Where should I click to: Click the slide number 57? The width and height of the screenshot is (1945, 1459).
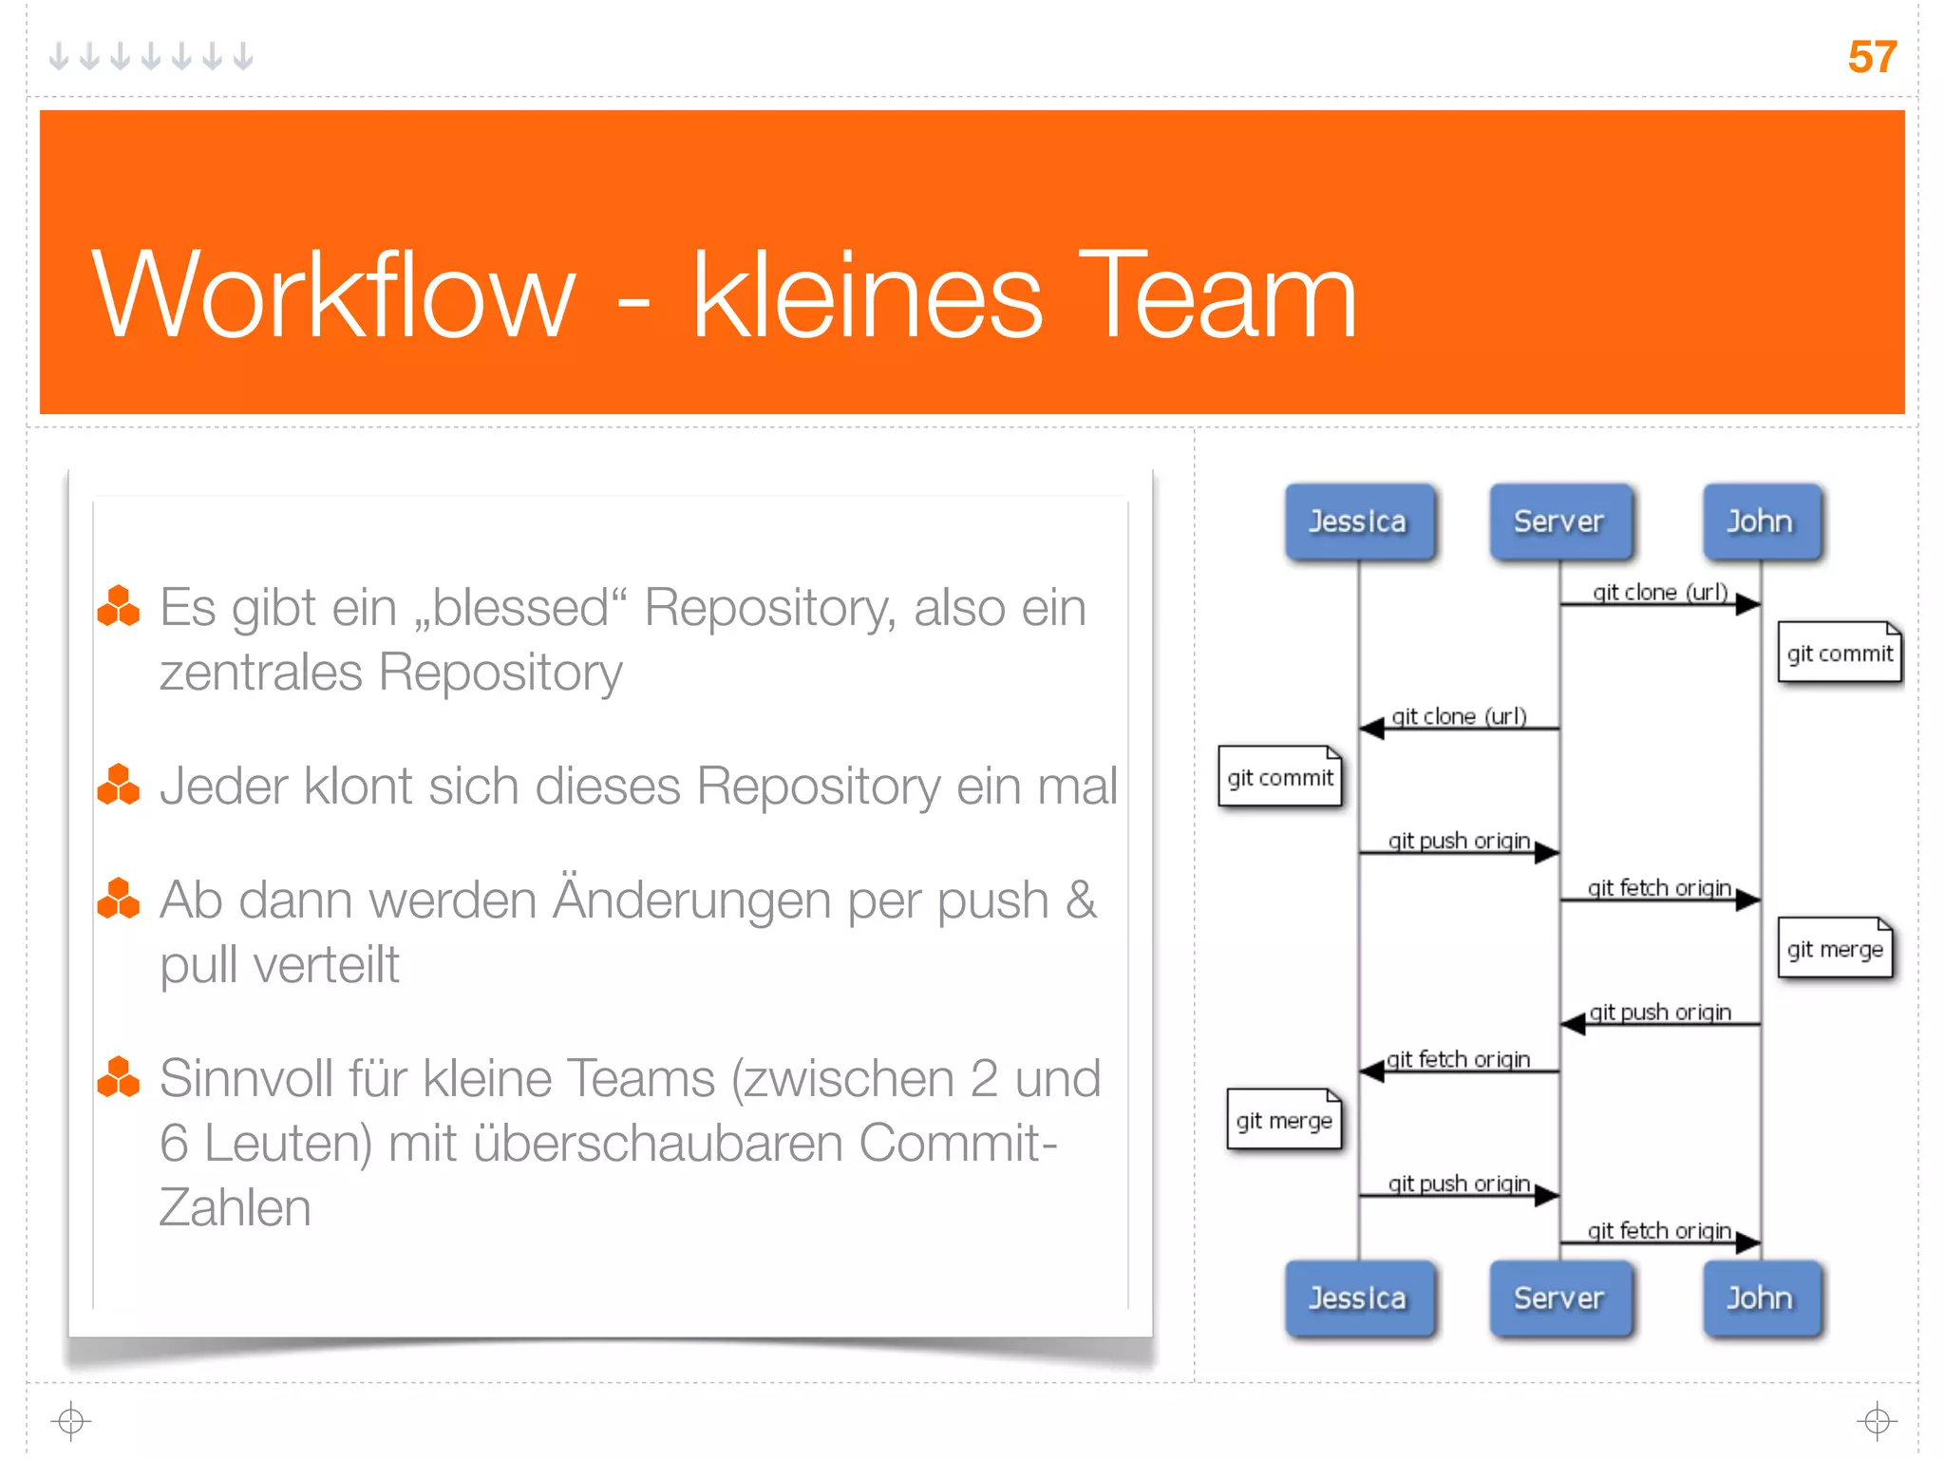1871,57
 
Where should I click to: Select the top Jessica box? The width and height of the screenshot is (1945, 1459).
1358,521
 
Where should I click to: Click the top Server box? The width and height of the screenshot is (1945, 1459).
1558,521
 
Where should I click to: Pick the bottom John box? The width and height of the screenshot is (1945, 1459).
1760,1298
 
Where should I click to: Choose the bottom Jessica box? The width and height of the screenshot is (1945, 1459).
1358,1298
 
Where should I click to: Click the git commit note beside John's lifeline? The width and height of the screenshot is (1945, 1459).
1839,653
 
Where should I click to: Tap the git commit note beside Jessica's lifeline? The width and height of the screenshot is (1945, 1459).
1279,777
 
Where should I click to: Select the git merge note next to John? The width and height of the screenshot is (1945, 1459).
1834,949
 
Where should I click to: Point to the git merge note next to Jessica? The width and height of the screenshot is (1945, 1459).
1283,1120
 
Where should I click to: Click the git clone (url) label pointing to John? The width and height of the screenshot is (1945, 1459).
1659,592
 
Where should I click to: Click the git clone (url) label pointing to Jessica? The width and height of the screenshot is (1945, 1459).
1459,716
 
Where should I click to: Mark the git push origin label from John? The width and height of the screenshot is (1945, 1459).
1659,1012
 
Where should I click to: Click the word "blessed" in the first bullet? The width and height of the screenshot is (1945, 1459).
521,608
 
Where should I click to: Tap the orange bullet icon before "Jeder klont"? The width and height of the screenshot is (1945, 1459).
119,785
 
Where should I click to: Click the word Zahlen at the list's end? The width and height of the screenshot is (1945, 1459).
235,1207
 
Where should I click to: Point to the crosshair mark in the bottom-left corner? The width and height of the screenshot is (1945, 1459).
71,1421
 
